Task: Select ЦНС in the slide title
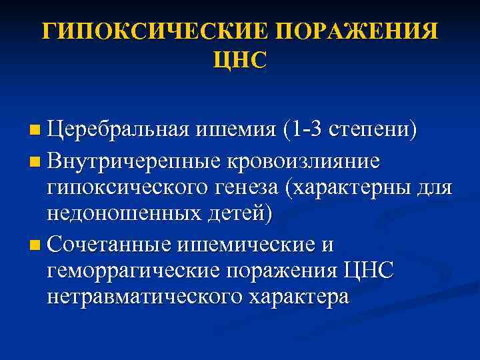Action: click(239, 61)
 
